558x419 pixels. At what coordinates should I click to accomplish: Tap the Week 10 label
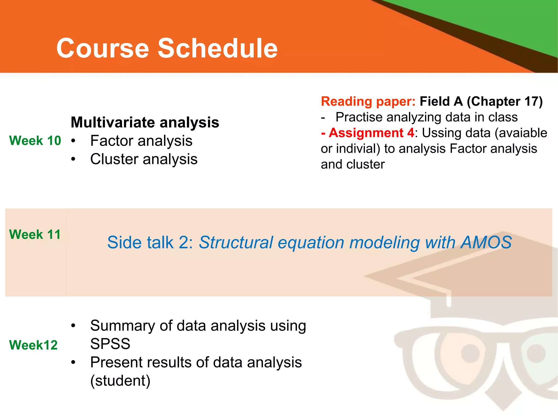pos(35,141)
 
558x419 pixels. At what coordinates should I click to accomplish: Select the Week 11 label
pos(35,235)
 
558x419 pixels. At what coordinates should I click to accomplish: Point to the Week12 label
pos(33,345)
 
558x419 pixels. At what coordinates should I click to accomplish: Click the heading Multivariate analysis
pos(145,122)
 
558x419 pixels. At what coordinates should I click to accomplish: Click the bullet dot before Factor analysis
pos(73,141)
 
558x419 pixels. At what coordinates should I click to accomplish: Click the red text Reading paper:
pos(368,101)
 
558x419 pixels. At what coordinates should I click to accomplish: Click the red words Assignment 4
pos(371,133)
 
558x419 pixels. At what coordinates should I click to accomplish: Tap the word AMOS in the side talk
pos(486,242)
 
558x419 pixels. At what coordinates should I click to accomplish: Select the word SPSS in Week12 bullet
pos(110,344)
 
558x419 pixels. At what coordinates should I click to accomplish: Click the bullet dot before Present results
pos(73,363)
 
